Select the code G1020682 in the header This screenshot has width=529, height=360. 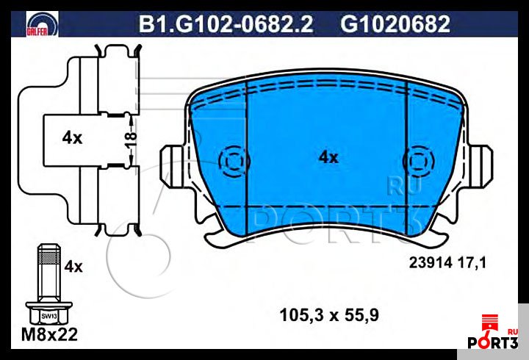point(395,25)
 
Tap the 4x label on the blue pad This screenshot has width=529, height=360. point(328,157)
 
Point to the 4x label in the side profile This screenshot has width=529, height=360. point(71,137)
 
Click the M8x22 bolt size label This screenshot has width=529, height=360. point(48,336)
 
